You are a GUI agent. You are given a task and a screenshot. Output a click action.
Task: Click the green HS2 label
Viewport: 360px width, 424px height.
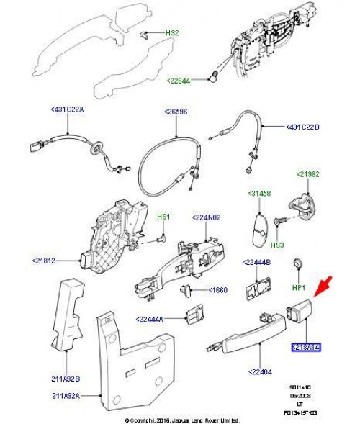click(x=172, y=33)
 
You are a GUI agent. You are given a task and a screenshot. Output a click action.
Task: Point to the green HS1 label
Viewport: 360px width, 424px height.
click(x=164, y=217)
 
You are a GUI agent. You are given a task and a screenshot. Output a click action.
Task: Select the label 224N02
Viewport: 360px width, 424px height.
click(x=207, y=217)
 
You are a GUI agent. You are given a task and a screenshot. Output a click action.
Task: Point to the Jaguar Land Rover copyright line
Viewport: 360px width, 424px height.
click(x=181, y=419)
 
